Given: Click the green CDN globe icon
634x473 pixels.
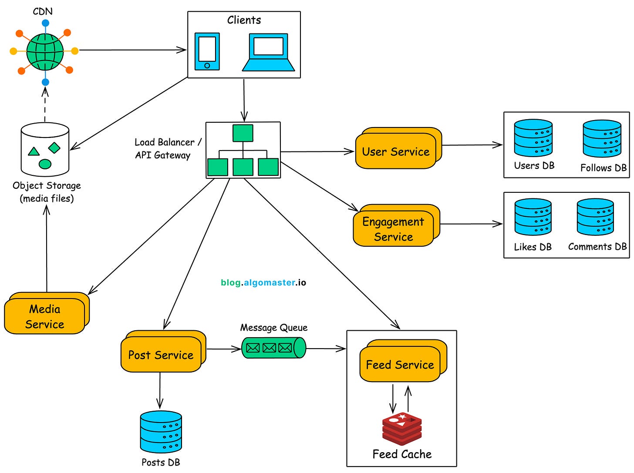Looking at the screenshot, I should click(x=45, y=51).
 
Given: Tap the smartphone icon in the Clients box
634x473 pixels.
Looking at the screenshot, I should click(x=207, y=51).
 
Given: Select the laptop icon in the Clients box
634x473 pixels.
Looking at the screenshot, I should click(x=268, y=52).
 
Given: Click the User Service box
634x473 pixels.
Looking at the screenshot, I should click(x=396, y=151).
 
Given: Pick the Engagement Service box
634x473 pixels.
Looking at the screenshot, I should click(x=393, y=229).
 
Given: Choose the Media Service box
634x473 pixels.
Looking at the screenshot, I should click(x=44, y=316).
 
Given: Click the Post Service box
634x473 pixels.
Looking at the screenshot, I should click(x=161, y=355).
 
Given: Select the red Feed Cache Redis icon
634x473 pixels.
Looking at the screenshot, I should click(x=402, y=429).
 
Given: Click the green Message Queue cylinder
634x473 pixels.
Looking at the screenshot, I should click(x=273, y=348).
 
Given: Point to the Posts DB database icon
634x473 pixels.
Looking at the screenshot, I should click(x=161, y=432).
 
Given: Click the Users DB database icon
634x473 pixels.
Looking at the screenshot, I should click(x=533, y=138).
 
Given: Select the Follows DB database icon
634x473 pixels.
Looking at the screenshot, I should click(x=602, y=138).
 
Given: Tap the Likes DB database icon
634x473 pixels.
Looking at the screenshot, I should click(x=533, y=217).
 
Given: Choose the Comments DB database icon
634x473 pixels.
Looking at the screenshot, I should click(x=595, y=217).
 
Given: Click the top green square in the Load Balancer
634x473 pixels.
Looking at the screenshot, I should click(x=243, y=133).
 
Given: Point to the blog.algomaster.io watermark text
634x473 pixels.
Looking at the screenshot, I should click(x=263, y=282).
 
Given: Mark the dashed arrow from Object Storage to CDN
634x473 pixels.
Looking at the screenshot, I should click(x=45, y=104).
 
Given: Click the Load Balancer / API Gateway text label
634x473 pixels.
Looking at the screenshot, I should click(x=167, y=148).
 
